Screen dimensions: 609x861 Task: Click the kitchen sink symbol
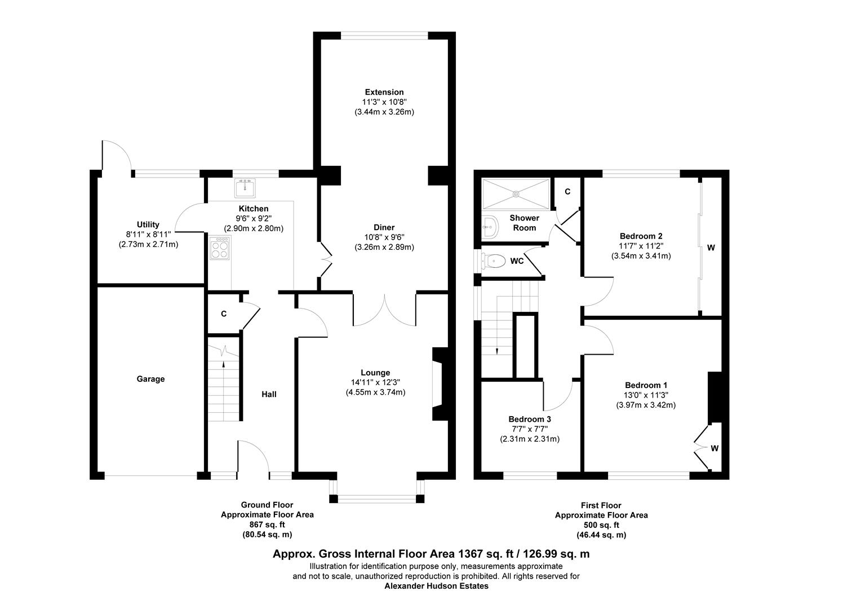(245, 187)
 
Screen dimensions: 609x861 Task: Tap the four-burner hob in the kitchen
(220, 248)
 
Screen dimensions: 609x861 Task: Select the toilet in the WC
(495, 261)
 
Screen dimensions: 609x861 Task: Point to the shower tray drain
(515, 193)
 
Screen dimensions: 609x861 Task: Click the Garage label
(150, 379)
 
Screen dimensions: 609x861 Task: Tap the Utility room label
(148, 224)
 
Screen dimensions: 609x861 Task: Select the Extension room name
(384, 92)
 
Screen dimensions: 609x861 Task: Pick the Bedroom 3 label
(529, 419)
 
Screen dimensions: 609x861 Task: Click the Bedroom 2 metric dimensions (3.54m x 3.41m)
(641, 255)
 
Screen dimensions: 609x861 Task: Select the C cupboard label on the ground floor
(224, 314)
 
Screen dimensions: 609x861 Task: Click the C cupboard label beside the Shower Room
(567, 192)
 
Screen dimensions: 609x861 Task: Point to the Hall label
(269, 394)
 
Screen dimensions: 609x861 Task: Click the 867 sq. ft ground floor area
(267, 524)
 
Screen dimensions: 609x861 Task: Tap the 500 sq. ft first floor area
(601, 525)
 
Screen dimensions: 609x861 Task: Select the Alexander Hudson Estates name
(436, 586)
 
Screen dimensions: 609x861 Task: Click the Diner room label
(384, 227)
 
